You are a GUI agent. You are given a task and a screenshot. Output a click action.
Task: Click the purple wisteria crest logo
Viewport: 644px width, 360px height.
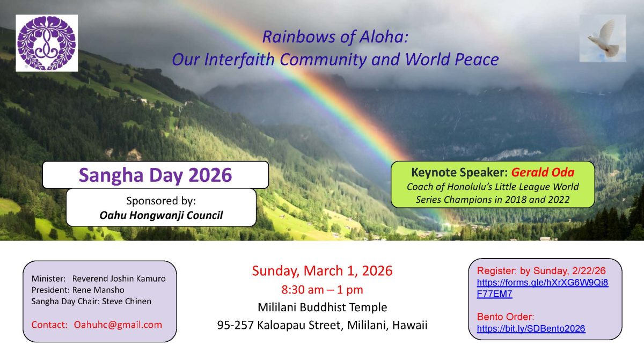coord(47,43)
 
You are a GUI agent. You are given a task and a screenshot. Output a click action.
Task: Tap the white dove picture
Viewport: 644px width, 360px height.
coord(603,38)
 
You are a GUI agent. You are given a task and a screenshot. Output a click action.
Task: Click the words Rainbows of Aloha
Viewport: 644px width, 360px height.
coord(335,37)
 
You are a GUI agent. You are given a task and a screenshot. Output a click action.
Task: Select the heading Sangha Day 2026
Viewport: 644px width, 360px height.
coord(155,175)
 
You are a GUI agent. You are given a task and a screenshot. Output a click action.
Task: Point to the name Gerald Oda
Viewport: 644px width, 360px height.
coord(543,172)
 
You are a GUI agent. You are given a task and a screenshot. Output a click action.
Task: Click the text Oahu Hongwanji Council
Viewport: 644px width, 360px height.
coord(161,215)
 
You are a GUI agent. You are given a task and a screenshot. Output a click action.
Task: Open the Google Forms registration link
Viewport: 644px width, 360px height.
coord(542,288)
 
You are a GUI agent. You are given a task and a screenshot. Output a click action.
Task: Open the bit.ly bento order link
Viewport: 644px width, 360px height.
coord(531,328)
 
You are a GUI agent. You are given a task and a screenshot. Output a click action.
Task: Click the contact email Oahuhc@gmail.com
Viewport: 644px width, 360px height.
coord(118,325)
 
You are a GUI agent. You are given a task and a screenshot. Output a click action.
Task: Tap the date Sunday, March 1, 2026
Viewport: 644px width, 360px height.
coord(322,270)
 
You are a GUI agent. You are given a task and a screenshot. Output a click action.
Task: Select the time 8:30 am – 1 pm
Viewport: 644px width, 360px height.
coord(322,290)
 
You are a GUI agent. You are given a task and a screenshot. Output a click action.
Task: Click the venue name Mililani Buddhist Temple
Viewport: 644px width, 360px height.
coord(322,307)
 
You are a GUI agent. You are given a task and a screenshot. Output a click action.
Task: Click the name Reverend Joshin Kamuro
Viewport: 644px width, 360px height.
coord(119,278)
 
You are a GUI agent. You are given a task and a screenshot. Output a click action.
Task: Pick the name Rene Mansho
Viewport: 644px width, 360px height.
coord(98,290)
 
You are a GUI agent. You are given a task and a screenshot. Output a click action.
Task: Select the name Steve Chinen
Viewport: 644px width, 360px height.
coord(127,301)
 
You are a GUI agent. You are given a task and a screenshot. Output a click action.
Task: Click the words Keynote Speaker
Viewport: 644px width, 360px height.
coord(459,172)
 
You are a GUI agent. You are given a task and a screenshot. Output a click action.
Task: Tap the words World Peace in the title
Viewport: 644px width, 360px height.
coord(452,59)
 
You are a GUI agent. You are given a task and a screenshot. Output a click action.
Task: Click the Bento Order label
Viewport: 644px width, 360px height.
coord(506,317)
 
